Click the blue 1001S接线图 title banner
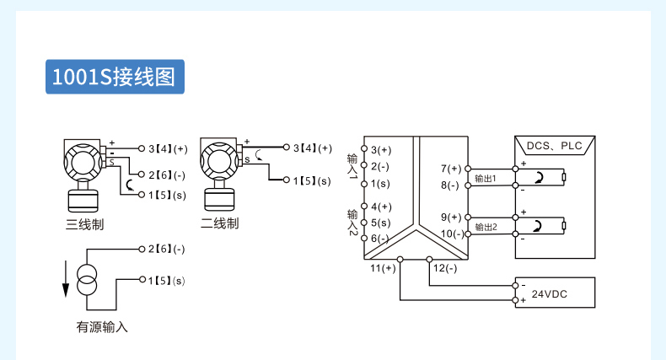[115, 77]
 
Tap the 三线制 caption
[85, 224]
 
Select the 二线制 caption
[220, 223]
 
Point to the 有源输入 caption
[102, 327]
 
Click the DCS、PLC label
[554, 146]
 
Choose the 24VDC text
[550, 293]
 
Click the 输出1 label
[485, 178]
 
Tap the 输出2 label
[486, 227]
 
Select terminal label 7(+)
[451, 169]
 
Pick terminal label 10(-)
[453, 234]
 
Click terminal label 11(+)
[383, 268]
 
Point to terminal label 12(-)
[445, 268]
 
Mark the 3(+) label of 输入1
[381, 150]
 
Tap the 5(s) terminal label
[380, 223]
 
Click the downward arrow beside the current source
[66, 279]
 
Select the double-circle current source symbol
[87, 279]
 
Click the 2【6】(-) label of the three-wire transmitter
[167, 175]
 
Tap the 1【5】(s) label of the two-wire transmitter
[312, 181]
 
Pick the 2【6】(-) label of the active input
[167, 249]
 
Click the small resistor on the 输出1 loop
[564, 177]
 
